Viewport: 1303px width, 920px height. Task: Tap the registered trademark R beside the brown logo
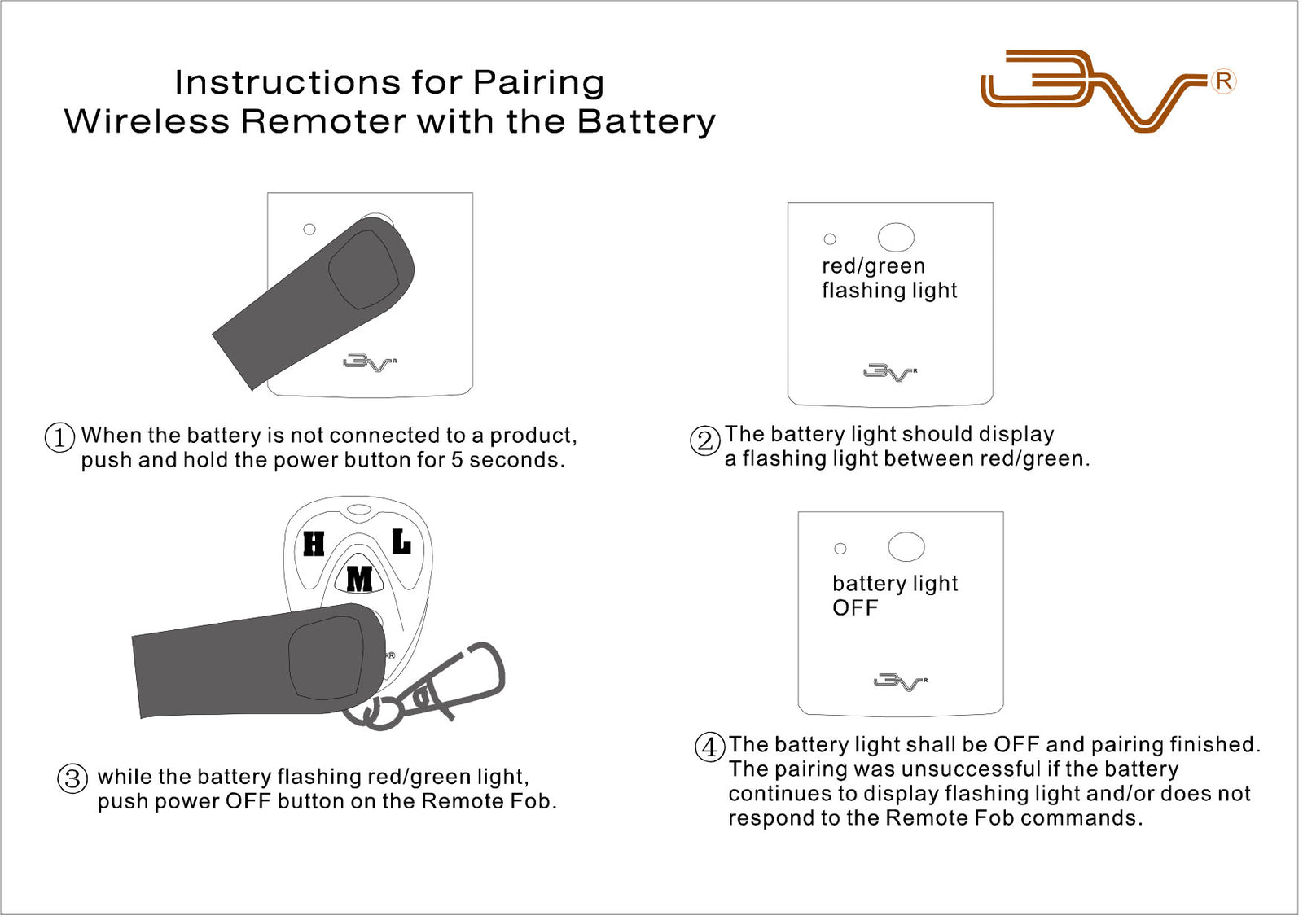tap(1223, 81)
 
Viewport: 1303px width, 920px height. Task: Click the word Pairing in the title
tap(538, 83)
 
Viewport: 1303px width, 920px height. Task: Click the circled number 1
tap(59, 437)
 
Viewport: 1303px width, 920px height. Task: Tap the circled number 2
tap(705, 440)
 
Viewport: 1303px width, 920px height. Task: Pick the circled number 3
tap(72, 778)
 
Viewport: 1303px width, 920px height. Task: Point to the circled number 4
tap(709, 747)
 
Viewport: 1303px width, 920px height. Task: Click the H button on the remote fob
tap(314, 543)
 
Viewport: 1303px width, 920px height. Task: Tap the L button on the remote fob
tap(401, 541)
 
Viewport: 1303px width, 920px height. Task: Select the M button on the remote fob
tap(359, 579)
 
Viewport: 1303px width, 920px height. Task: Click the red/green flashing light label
tap(888, 278)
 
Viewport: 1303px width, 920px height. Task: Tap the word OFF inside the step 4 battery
tap(854, 608)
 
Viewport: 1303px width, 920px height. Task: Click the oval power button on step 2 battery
tap(896, 237)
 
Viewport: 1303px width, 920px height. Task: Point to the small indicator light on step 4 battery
tap(840, 549)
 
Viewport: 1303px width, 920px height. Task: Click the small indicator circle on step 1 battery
tap(309, 230)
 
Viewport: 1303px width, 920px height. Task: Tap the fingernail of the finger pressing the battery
tap(364, 269)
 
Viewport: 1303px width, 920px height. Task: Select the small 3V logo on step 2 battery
tap(889, 372)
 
